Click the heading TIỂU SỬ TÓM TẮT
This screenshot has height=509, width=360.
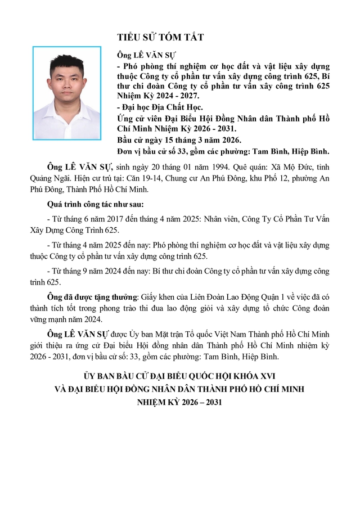[160, 37]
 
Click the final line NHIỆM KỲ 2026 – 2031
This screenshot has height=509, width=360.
[180, 401]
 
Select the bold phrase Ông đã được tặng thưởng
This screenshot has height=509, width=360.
[93, 296]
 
